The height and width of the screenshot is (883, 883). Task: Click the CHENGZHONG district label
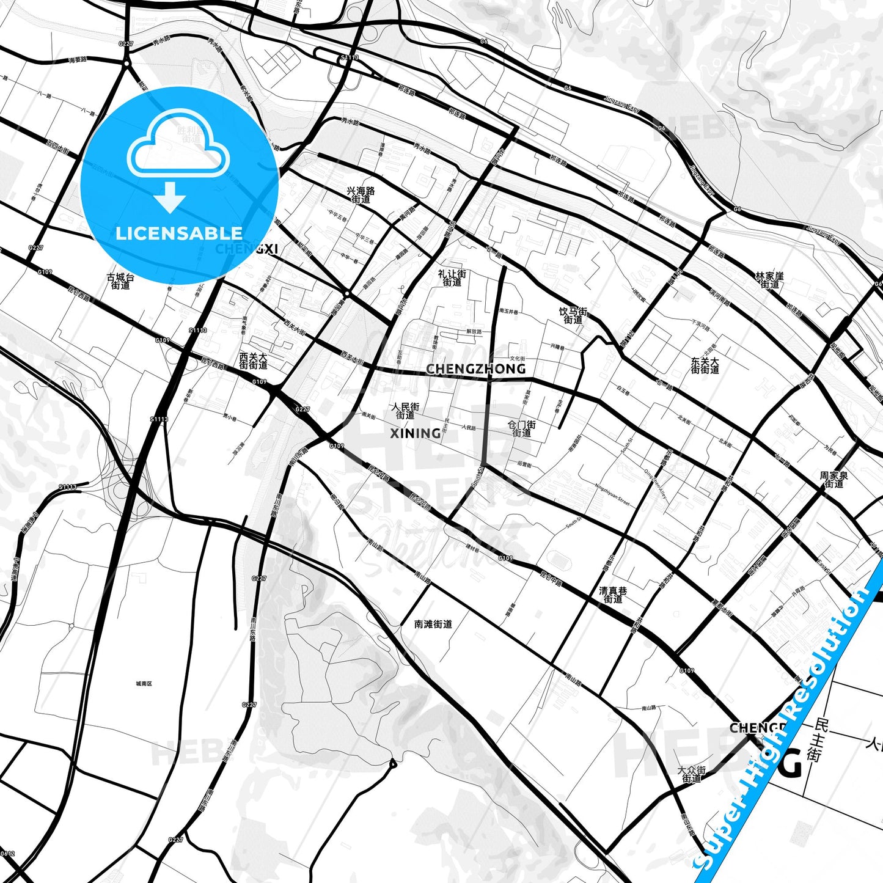point(475,368)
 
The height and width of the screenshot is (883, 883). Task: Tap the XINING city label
point(416,433)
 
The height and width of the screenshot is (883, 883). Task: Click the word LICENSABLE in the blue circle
point(179,233)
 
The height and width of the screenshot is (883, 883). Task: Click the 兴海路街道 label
point(361,195)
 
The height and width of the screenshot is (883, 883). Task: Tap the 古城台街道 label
point(120,281)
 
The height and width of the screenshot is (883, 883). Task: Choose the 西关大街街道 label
point(254,361)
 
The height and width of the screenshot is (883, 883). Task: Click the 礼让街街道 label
point(452,278)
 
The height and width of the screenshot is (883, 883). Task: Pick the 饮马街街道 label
point(573,315)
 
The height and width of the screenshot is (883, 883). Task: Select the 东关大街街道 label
point(705,365)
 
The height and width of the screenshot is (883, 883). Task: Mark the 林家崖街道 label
point(769,280)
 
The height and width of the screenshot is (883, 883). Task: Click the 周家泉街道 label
point(834,480)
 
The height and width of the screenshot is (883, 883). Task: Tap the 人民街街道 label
point(406,411)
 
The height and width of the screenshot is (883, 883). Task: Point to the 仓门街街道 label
point(522,428)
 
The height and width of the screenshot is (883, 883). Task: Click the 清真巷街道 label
point(613,595)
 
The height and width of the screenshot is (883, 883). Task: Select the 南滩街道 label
point(433,624)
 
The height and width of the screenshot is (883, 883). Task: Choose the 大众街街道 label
point(692,775)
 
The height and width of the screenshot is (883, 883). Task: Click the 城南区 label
point(144,684)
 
